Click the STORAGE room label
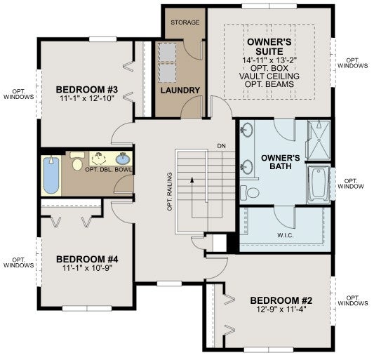pyautogui.click(x=185, y=22)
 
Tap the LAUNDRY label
pyautogui.click(x=180, y=91)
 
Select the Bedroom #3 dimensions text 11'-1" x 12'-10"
pyautogui.click(x=87, y=98)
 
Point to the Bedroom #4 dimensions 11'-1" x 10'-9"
pyautogui.click(x=87, y=268)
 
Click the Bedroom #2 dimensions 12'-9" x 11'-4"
pyautogui.click(x=281, y=309)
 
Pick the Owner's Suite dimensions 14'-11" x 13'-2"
pyautogui.click(x=269, y=60)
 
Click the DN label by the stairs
pyautogui.click(x=221, y=146)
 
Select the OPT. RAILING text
pyautogui.click(x=170, y=192)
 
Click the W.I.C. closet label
pyautogui.click(x=286, y=236)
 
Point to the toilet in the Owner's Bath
pyautogui.click(x=250, y=192)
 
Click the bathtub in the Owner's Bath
pyautogui.click(x=319, y=185)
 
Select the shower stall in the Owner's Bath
pyautogui.click(x=319, y=140)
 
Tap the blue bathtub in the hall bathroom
pyautogui.click(x=51, y=175)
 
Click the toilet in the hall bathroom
pyautogui.click(x=77, y=161)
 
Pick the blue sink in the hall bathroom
pyautogui.click(x=123, y=159)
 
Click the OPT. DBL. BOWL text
pyautogui.click(x=108, y=170)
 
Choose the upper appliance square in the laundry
pyautogui.click(x=168, y=52)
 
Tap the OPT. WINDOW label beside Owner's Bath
pyautogui.click(x=351, y=183)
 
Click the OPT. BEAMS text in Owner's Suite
pyautogui.click(x=269, y=84)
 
